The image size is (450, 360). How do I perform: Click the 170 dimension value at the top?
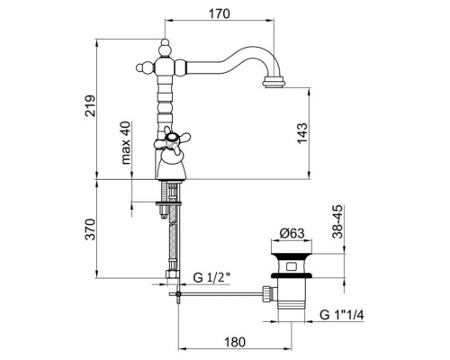click(x=220, y=13)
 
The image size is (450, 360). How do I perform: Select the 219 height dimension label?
click(x=90, y=106)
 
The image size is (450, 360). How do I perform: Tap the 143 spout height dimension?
click(x=302, y=133)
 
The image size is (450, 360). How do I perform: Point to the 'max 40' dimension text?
click(x=126, y=143)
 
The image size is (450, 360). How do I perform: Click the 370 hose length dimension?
click(x=90, y=229)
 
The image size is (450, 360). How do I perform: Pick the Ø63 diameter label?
click(x=292, y=233)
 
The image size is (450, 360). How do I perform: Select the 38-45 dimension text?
click(x=337, y=221)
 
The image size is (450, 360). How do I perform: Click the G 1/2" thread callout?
click(x=211, y=277)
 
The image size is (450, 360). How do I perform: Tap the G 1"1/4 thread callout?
click(x=342, y=315)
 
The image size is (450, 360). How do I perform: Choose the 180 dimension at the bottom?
click(x=235, y=342)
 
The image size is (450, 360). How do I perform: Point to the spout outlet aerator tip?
click(x=274, y=83)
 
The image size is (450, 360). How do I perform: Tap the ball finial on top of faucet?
click(x=165, y=48)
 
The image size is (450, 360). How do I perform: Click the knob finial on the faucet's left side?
click(x=145, y=67)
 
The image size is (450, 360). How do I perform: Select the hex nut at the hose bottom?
click(x=172, y=274)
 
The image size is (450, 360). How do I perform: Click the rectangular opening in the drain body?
click(x=291, y=266)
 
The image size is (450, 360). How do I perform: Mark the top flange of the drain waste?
click(x=291, y=256)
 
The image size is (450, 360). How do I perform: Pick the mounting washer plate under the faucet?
click(x=169, y=203)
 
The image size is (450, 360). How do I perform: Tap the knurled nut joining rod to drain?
click(x=267, y=293)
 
